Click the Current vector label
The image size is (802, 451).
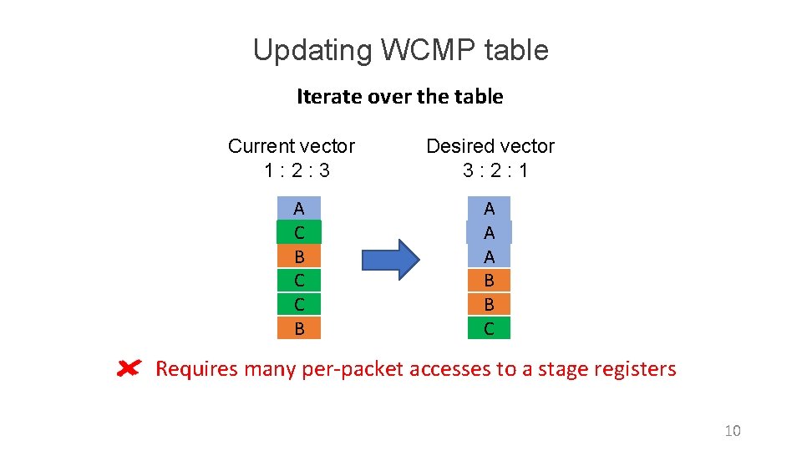[x=291, y=146]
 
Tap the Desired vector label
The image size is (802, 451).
[x=490, y=146]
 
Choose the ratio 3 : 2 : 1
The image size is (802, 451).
[x=495, y=171]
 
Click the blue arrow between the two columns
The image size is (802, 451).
[x=390, y=260]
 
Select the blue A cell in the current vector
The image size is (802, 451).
[x=299, y=208]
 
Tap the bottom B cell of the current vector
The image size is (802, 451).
[x=299, y=328]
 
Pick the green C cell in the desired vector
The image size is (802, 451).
[x=489, y=328]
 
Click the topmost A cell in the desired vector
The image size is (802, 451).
[x=489, y=208]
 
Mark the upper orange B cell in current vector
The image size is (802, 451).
[x=299, y=256]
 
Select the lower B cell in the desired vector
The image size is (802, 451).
[x=489, y=304]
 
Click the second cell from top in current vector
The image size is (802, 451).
[x=299, y=232]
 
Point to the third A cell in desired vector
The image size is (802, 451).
[x=489, y=256]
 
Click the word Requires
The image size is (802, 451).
[x=197, y=369]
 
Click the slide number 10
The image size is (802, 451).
[x=732, y=431]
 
